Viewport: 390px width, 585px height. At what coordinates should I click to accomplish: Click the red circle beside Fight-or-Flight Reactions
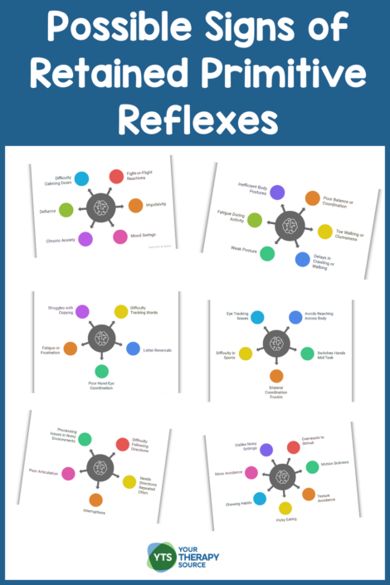[116, 176]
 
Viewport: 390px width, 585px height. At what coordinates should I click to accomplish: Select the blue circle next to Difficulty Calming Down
[81, 178]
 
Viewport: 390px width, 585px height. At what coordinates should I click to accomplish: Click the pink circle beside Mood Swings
[119, 236]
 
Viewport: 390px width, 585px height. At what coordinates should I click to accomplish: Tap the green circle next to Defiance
[66, 210]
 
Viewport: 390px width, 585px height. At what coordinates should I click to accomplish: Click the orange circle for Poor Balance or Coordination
[312, 198]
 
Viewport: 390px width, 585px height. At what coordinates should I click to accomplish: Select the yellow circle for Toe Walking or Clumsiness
[325, 232]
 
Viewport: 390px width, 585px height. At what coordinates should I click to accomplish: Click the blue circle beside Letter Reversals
[133, 349]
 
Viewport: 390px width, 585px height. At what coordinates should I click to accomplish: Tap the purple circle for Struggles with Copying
[82, 311]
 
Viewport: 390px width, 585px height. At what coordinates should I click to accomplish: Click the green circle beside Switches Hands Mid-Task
[307, 353]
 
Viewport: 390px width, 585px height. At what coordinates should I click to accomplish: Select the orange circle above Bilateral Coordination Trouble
[276, 375]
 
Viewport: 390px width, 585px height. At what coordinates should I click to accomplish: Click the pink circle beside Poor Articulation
[68, 473]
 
